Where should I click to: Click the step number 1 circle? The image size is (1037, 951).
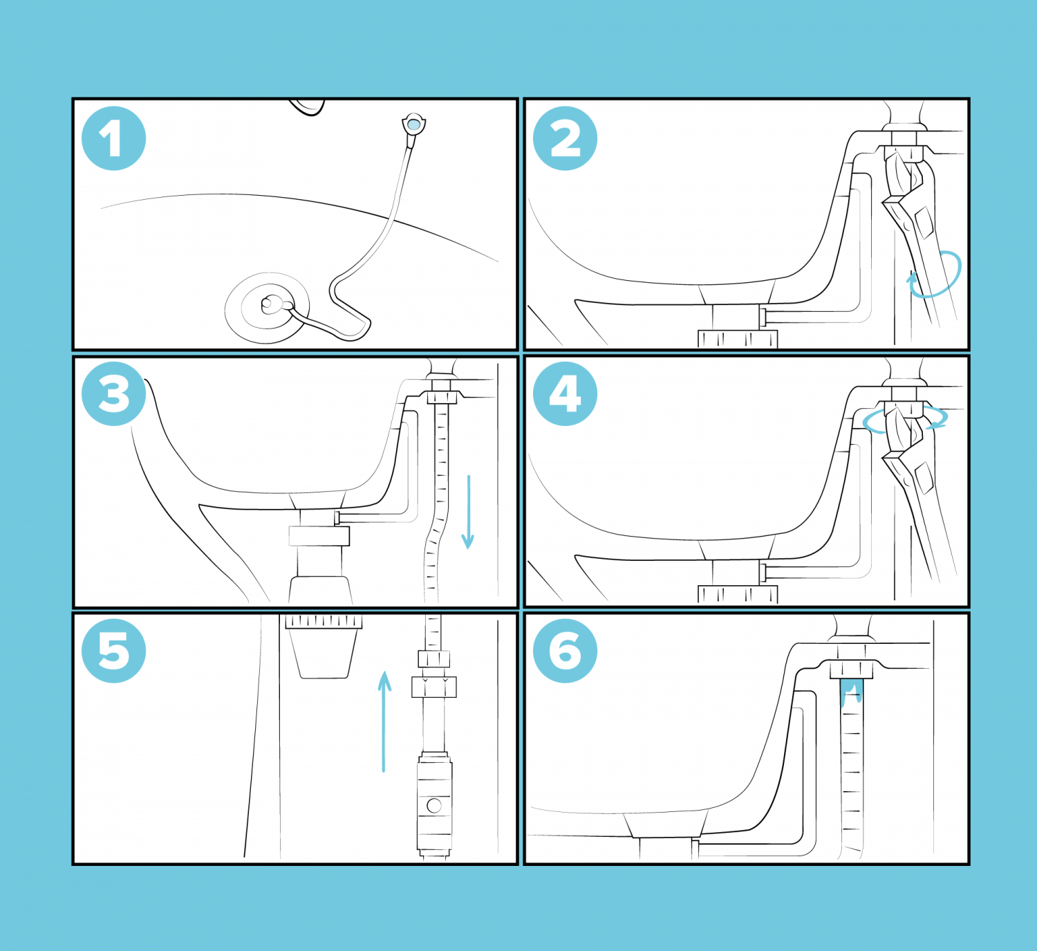point(113,138)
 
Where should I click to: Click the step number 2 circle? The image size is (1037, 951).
point(565,138)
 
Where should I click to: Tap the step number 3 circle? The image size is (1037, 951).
point(113,394)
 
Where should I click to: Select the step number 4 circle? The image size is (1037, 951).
point(565,394)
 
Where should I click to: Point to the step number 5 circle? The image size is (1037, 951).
point(113,651)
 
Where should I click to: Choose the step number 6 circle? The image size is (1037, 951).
point(565,651)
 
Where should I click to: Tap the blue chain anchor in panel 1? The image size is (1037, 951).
point(413,125)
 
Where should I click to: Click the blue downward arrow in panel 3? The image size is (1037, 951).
point(468,512)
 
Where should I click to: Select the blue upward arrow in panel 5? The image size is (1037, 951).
point(384,719)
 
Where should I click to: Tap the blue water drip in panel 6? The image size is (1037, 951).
point(850,692)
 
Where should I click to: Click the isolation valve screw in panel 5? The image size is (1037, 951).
point(434,805)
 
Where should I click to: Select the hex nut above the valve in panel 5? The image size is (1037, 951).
point(433,686)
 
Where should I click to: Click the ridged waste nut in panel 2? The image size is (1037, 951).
point(737,339)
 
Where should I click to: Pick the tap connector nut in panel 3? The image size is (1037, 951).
point(442,397)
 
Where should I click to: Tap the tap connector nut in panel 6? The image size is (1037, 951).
point(850,670)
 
